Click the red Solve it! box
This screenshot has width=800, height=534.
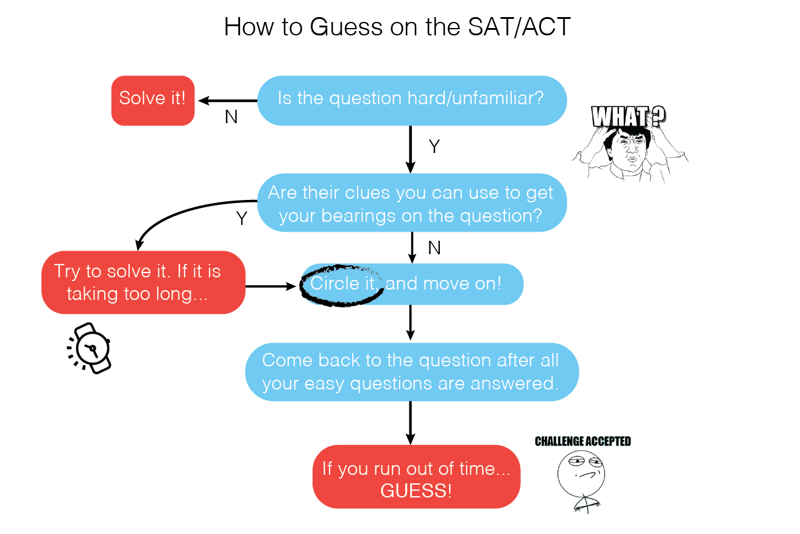point(152,101)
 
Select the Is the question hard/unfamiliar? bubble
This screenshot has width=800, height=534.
point(412,101)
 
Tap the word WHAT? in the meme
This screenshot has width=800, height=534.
point(628,116)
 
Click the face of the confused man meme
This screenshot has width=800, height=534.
point(631,150)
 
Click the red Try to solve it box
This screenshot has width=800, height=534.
point(143,282)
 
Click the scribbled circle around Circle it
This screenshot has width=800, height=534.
point(342,284)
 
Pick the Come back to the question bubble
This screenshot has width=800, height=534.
point(412,372)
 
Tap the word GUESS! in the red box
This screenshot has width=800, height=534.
point(416,491)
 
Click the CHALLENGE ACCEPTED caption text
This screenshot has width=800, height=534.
point(583,441)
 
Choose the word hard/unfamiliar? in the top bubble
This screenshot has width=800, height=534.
point(495,98)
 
